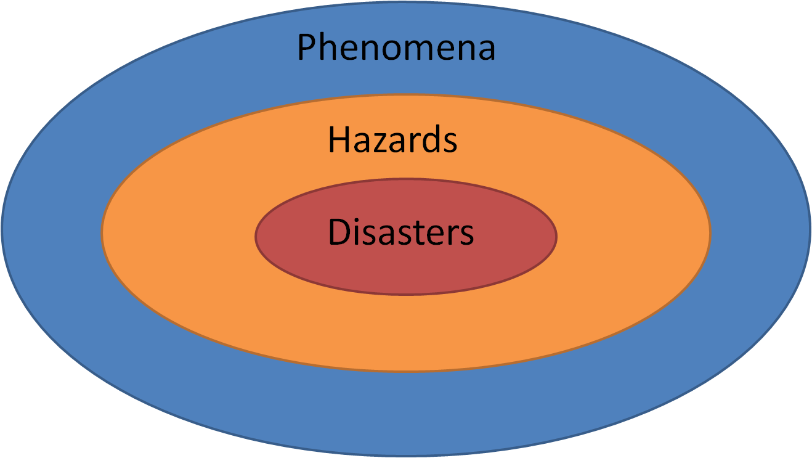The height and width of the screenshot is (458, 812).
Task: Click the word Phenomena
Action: click(396, 48)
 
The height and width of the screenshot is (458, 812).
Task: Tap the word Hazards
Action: click(392, 140)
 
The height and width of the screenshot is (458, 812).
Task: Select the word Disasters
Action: click(401, 233)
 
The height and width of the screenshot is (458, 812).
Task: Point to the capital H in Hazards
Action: click(338, 140)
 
